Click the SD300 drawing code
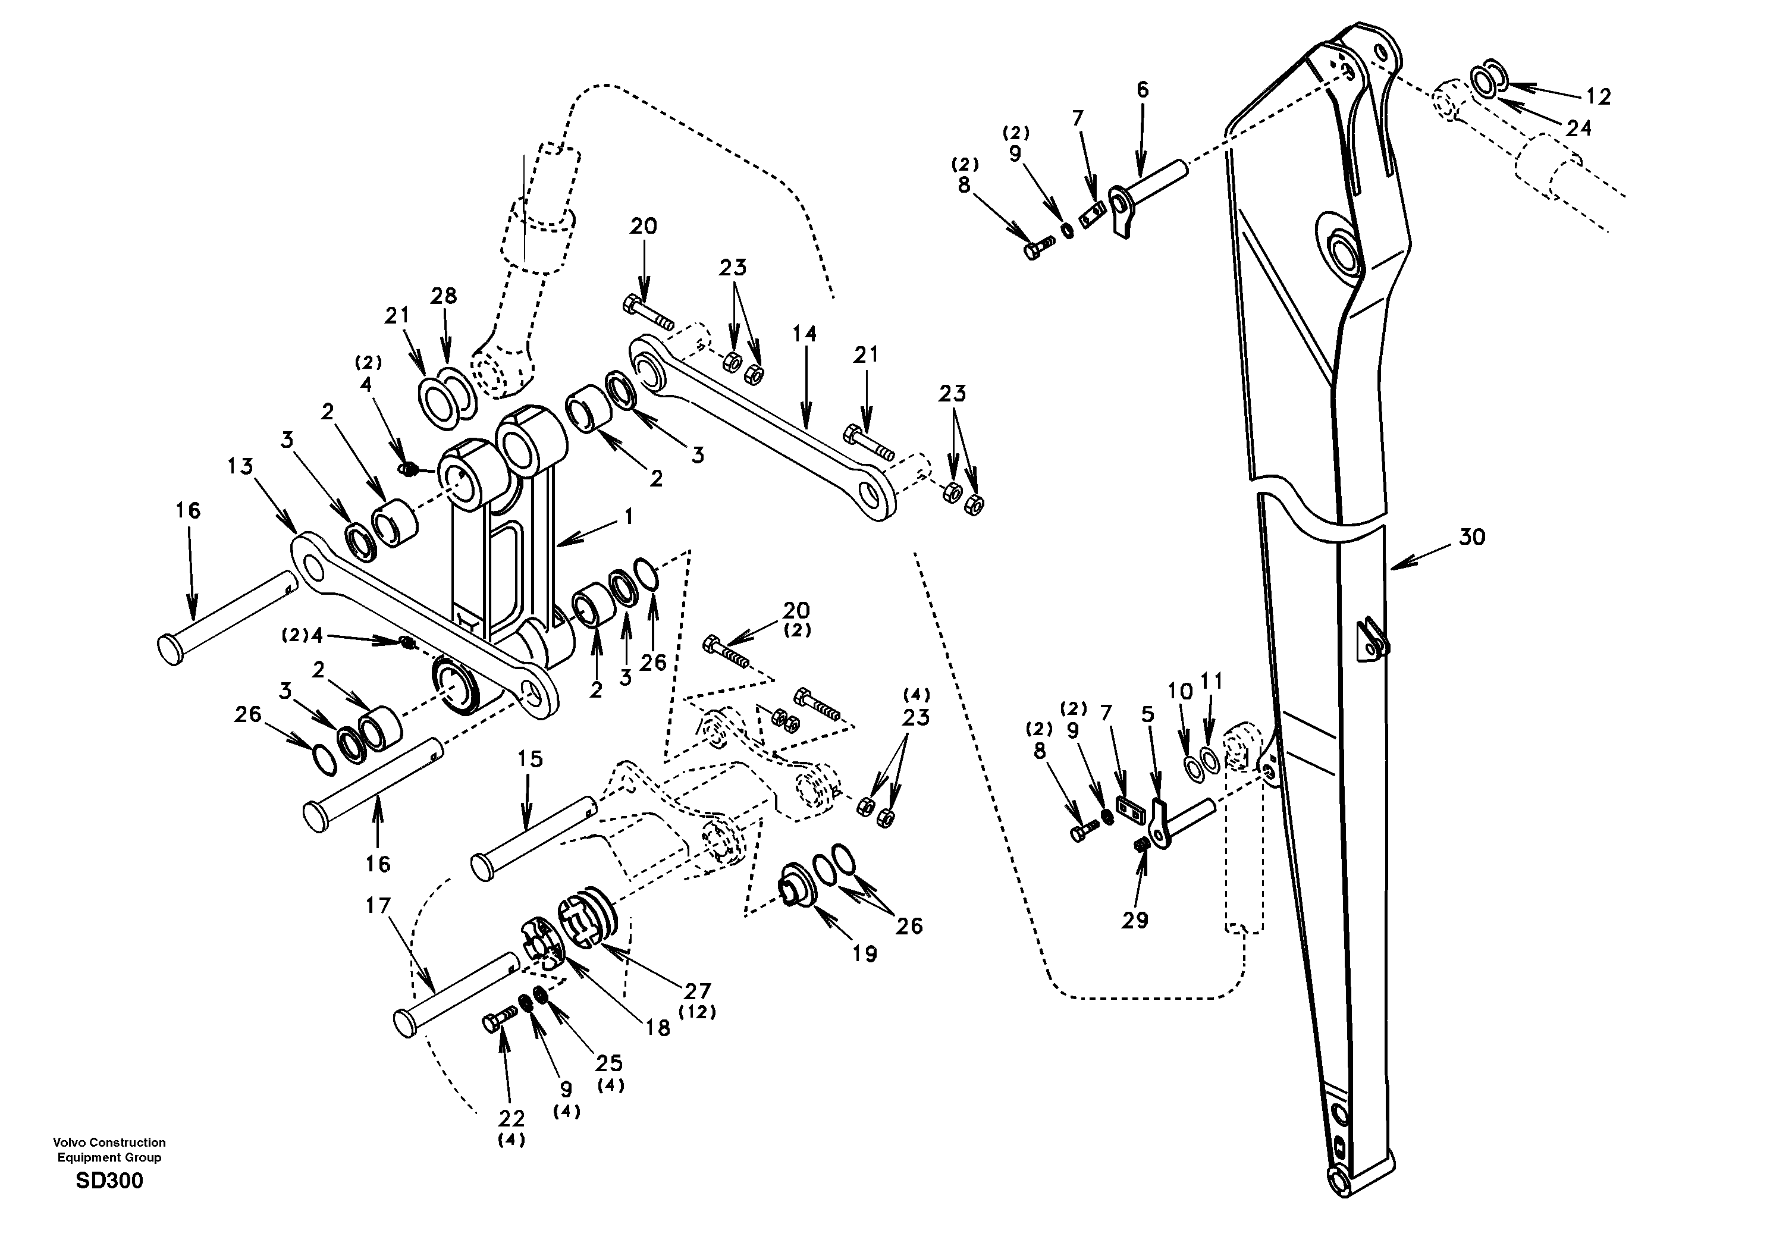[109, 1181]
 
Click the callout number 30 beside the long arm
[1471, 538]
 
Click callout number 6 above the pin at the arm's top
[1143, 90]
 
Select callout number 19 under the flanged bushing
[865, 955]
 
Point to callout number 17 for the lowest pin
[378, 906]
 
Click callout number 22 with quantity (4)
[511, 1118]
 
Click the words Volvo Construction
[109, 1143]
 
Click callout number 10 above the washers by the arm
[1179, 692]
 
